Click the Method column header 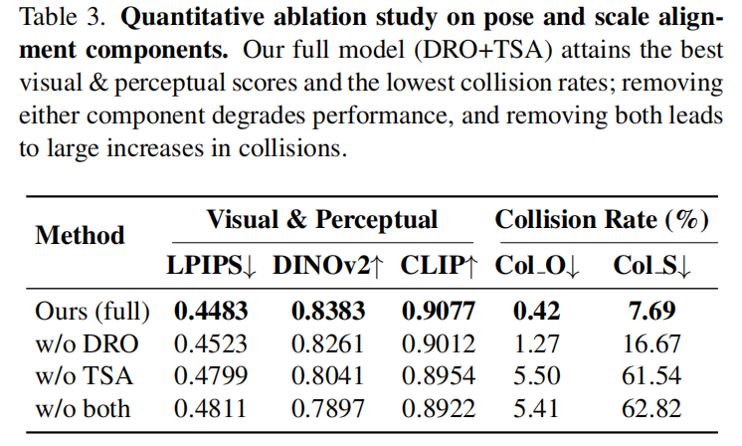(x=80, y=236)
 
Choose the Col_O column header (x=538, y=266)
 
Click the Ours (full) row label (x=92, y=311)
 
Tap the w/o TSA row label (x=85, y=376)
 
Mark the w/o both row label (x=87, y=409)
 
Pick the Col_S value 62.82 (x=652, y=409)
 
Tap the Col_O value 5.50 (x=538, y=376)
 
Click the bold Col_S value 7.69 (x=652, y=311)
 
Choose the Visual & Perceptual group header (x=321, y=220)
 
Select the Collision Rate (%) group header (x=602, y=220)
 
